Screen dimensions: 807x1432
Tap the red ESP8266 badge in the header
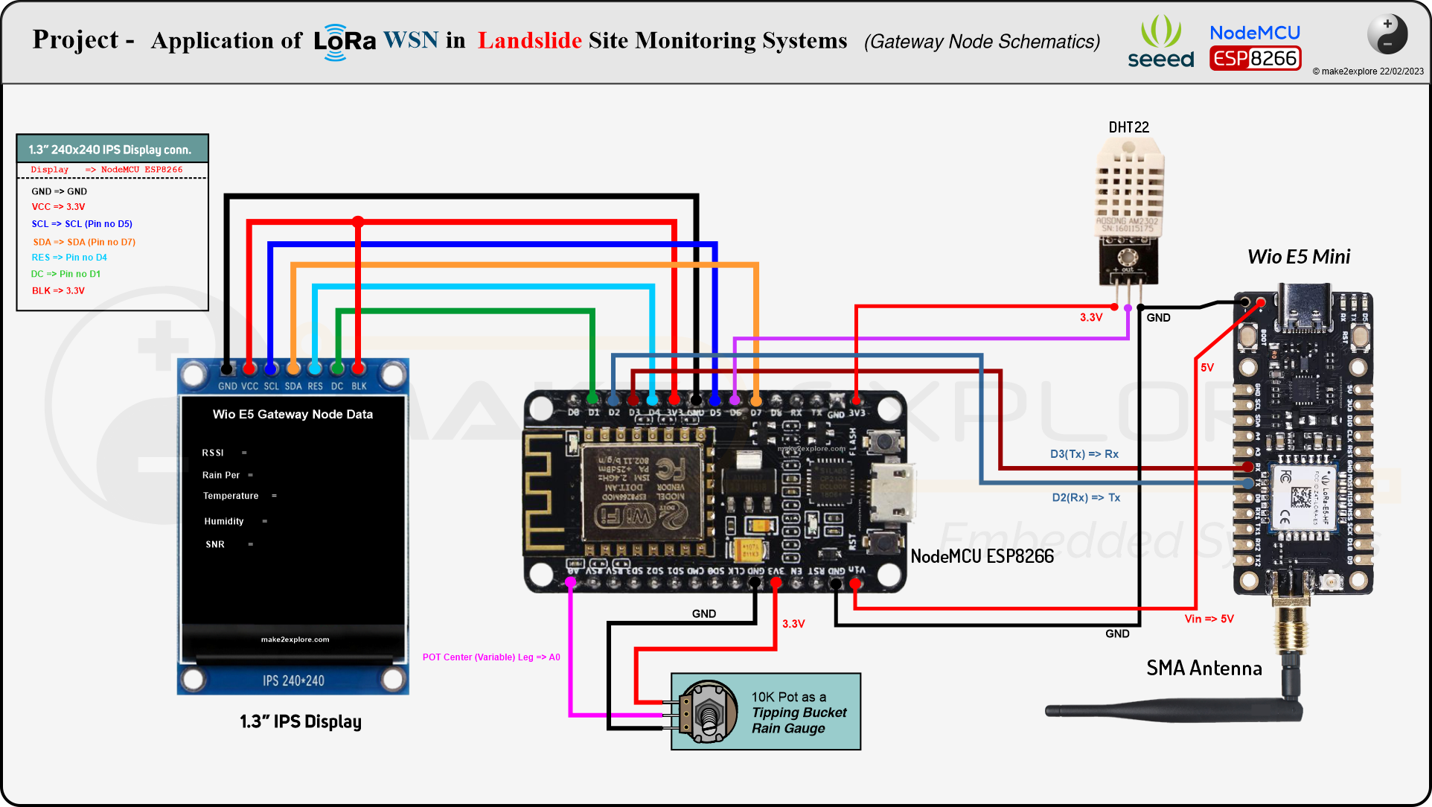pyautogui.click(x=1255, y=59)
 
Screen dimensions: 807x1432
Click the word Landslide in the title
pyautogui.click(x=529, y=40)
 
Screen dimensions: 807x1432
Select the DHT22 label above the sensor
pyautogui.click(x=1128, y=127)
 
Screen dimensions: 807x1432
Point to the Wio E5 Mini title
pyautogui.click(x=1298, y=257)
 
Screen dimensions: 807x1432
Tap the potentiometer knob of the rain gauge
pyautogui.click(x=709, y=713)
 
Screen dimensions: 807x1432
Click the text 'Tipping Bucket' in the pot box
pyautogui.click(x=799, y=712)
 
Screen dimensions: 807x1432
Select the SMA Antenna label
pyautogui.click(x=1204, y=668)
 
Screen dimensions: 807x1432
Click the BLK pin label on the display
pyautogui.click(x=359, y=386)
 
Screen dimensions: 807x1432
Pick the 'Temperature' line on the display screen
pyautogui.click(x=231, y=496)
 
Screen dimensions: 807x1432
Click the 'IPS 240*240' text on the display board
pyautogui.click(x=293, y=680)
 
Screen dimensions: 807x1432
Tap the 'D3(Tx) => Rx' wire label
pyautogui.click(x=1084, y=454)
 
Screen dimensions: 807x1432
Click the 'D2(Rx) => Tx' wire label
pyautogui.click(x=1085, y=497)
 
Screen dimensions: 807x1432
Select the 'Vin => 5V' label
pyautogui.click(x=1209, y=619)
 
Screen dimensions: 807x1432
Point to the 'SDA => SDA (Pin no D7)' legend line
pyautogui.click(x=83, y=242)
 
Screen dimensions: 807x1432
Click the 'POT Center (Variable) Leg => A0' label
pyautogui.click(x=491, y=657)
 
